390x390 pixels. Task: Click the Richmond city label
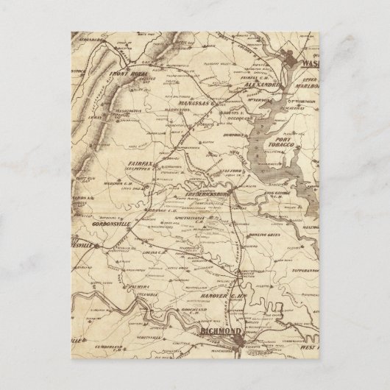click(221, 333)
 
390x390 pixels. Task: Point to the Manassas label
click(191, 104)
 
